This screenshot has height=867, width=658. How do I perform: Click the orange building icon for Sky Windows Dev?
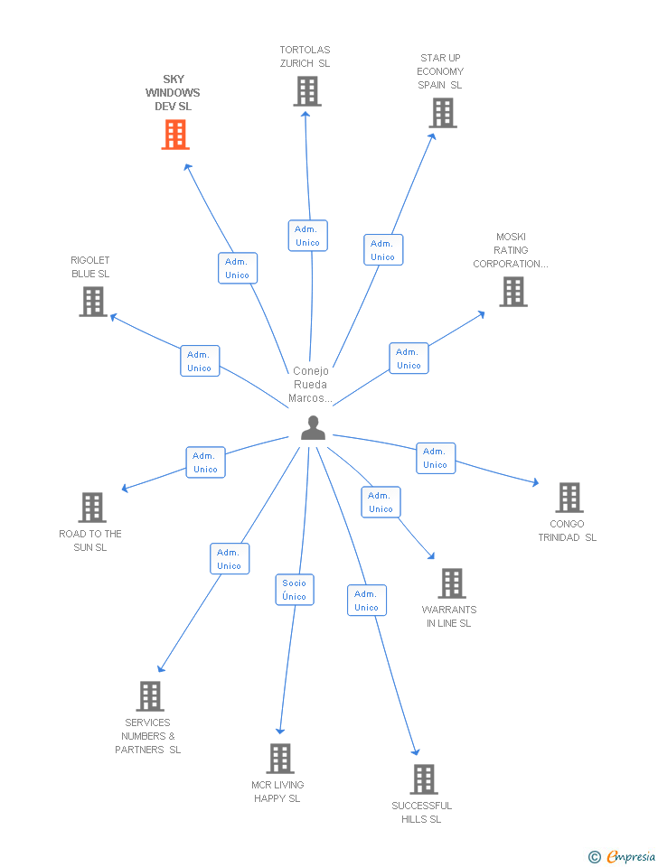(174, 135)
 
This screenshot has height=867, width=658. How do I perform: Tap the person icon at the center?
(313, 427)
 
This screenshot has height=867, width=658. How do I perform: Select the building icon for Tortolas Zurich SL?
(307, 91)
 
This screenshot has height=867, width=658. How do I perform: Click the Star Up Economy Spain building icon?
(443, 113)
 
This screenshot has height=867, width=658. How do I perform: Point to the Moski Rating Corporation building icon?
(513, 292)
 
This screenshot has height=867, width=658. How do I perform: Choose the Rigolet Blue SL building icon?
(93, 302)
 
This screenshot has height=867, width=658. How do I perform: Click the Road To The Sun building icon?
(92, 508)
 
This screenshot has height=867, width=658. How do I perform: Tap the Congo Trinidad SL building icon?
(569, 498)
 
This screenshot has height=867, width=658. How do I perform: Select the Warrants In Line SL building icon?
(452, 583)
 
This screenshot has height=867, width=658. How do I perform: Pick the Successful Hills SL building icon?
(423, 778)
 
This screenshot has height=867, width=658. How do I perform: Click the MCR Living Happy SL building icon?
(281, 759)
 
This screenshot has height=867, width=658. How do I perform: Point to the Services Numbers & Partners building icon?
(150, 696)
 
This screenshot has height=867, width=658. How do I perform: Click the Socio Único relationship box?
(295, 590)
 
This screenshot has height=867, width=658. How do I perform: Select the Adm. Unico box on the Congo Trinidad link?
(435, 458)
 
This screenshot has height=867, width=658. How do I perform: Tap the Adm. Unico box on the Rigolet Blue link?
(199, 361)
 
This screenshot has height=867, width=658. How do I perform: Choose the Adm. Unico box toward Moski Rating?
(409, 359)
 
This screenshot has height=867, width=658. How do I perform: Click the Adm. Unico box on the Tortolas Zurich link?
(307, 236)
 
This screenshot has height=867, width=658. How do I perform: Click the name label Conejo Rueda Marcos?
(311, 385)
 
